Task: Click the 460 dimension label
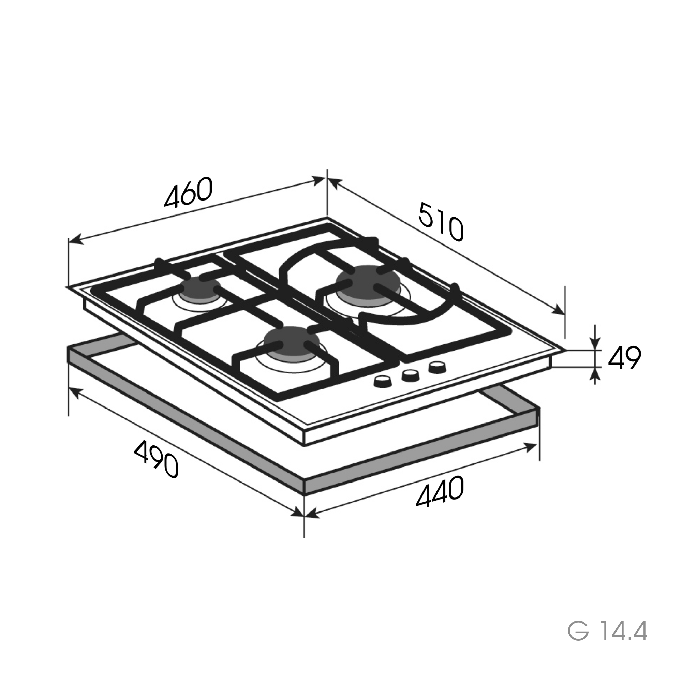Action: coord(189,192)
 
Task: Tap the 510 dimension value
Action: coord(441,221)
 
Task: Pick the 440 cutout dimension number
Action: coord(440,491)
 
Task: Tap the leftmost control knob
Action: coord(382,381)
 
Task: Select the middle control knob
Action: coord(410,375)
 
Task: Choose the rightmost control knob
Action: coord(437,367)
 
